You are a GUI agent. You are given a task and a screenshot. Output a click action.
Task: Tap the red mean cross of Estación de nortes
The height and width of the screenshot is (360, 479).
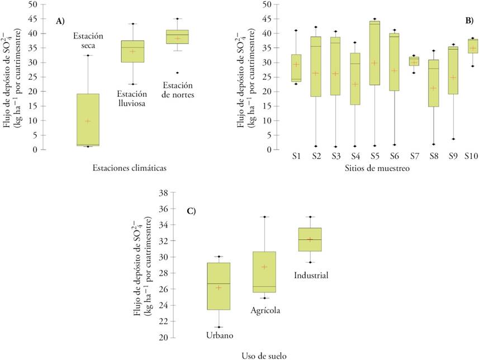[178, 39]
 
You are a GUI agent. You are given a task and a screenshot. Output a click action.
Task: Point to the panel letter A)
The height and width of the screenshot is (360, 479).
[60, 21]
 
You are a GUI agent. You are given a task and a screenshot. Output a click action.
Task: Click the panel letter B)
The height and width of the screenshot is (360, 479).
[469, 20]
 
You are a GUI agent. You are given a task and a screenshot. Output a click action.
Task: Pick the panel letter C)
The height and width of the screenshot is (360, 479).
[191, 211]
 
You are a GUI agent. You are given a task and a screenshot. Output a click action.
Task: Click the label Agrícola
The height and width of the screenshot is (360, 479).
[266, 310]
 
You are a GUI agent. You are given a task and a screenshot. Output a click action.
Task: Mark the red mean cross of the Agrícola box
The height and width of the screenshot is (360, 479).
[264, 267]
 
